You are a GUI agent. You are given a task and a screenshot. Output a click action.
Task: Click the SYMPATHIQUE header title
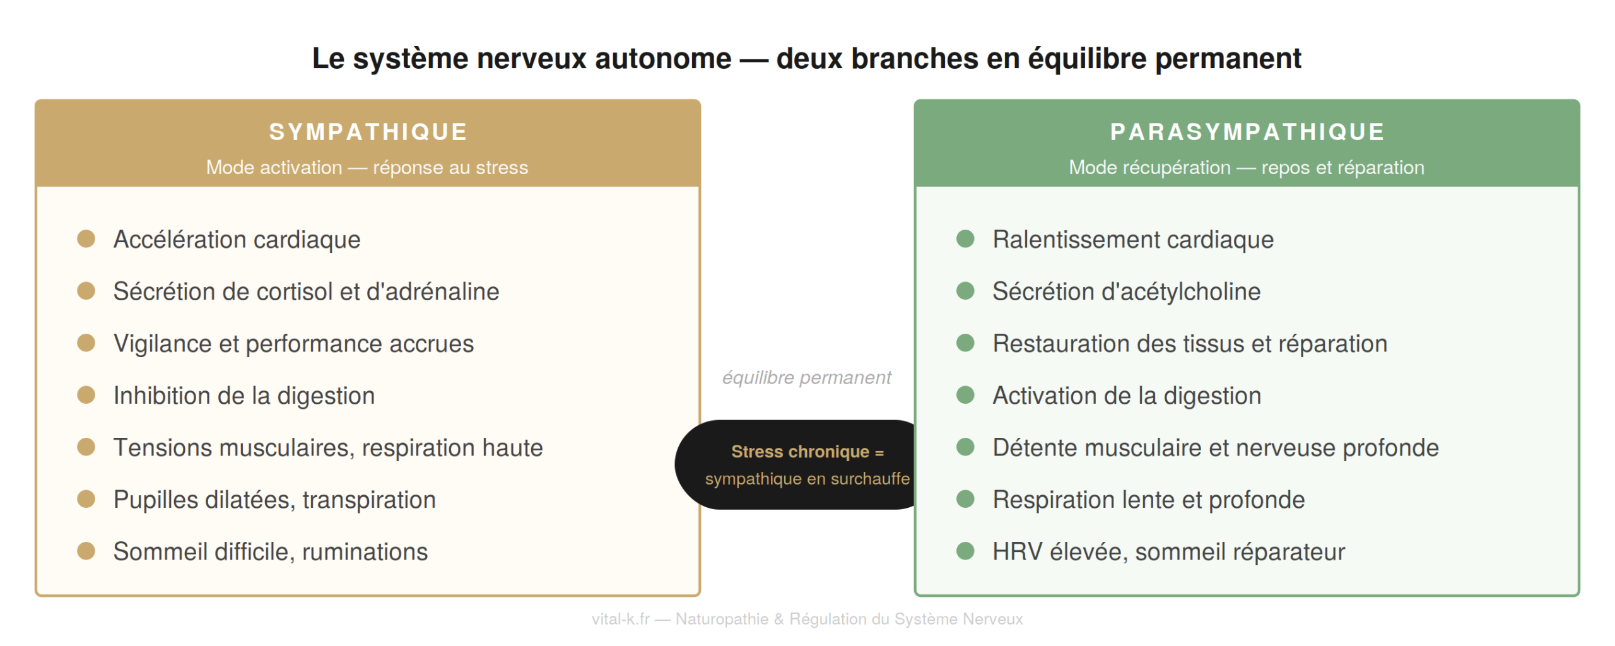(368, 132)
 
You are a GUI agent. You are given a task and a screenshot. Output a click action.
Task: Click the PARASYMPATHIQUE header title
(1247, 132)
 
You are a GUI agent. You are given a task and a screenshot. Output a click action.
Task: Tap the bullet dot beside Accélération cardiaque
(86, 239)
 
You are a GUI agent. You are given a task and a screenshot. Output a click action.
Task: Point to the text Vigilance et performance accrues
(293, 344)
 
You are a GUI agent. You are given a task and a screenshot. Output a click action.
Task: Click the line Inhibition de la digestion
(244, 396)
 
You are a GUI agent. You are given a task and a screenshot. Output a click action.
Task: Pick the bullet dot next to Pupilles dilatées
(86, 499)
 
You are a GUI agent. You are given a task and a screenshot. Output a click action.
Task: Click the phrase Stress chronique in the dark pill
(799, 452)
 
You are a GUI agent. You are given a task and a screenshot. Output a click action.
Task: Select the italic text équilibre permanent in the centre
(806, 377)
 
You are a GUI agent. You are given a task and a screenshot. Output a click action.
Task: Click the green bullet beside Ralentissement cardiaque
(965, 239)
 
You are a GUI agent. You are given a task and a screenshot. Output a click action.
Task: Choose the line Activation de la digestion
(1127, 396)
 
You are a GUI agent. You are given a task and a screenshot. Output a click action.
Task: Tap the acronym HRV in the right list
(1017, 551)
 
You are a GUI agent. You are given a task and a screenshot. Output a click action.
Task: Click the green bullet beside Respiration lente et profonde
(965, 499)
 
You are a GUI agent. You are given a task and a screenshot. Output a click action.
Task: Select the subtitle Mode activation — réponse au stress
(367, 167)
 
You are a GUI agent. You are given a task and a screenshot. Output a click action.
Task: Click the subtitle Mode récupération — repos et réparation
(1247, 167)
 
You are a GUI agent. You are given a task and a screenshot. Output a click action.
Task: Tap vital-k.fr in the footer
(620, 619)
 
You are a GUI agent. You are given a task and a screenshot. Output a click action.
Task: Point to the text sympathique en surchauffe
(807, 479)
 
